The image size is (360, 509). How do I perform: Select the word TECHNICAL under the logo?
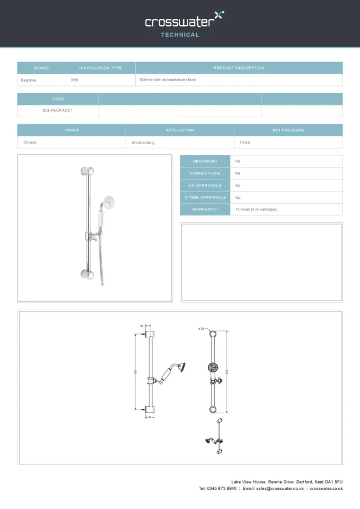pyautogui.click(x=180, y=35)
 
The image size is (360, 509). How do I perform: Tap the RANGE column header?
pyautogui.click(x=41, y=68)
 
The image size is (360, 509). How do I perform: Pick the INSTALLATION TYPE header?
pyautogui.click(x=100, y=68)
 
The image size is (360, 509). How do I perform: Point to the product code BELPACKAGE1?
pyautogui.click(x=57, y=111)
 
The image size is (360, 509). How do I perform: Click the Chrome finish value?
pyautogui.click(x=30, y=143)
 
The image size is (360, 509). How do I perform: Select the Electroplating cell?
pyautogui.click(x=143, y=143)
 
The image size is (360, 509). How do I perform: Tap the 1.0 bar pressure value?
pyautogui.click(x=245, y=143)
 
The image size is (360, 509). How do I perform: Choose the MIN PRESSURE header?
pyautogui.click(x=288, y=130)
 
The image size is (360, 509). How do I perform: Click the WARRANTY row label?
pyautogui.click(x=205, y=209)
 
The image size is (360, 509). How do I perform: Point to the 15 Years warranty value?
pyautogui.click(x=256, y=209)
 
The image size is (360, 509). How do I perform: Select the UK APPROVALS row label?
pyautogui.click(x=205, y=186)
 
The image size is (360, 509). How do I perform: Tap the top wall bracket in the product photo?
pyautogui.click(x=87, y=171)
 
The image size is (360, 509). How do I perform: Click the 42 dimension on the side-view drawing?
pyautogui.click(x=142, y=326)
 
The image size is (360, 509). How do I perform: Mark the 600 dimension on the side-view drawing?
pyautogui.click(x=136, y=371)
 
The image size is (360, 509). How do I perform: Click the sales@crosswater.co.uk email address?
pyautogui.click(x=279, y=488)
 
